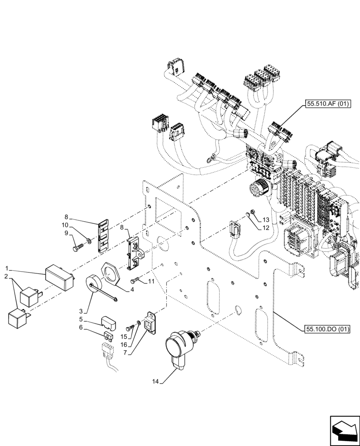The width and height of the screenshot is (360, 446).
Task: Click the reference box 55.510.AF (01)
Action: pos(328,104)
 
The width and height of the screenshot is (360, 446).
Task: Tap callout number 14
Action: pos(155,381)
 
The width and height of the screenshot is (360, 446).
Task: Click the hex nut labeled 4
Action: pos(109,273)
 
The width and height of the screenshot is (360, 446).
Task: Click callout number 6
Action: pos(81,327)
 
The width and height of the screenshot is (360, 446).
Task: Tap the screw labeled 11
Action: pos(136,281)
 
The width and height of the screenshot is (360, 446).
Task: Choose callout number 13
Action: pos(266,220)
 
